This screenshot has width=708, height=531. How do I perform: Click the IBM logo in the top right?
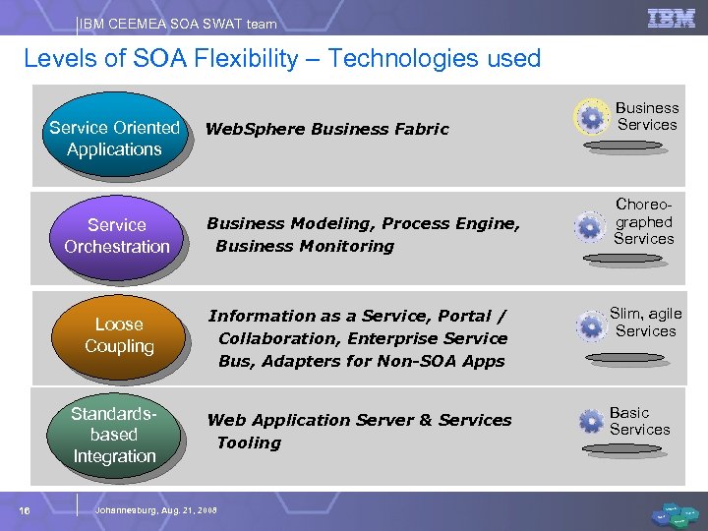pos(672,19)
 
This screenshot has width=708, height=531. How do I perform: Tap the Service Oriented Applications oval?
pos(114,138)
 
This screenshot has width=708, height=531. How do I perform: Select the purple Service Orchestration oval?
pos(117,236)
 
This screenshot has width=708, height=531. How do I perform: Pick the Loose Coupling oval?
pos(119,334)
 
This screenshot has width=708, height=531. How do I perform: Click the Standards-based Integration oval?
pos(114,434)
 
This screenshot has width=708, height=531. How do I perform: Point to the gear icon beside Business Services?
pos(591,118)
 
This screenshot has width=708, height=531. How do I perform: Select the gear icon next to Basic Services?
pos(590,422)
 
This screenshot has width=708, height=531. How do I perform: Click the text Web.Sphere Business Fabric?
pos(326,129)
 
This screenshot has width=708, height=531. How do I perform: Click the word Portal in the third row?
pos(465,316)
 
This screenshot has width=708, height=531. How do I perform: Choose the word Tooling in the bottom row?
pos(249,442)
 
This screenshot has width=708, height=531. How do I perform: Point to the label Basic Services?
pos(639,421)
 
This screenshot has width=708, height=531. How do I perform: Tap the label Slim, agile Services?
pos(645,322)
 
